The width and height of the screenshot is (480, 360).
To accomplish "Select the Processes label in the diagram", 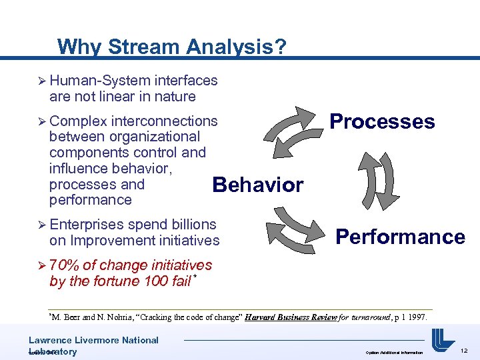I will [382, 121].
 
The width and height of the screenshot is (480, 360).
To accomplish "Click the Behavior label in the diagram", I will [257, 185].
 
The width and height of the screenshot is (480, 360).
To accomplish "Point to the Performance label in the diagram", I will [400, 237].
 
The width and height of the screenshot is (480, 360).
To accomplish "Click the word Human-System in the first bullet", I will [99, 81].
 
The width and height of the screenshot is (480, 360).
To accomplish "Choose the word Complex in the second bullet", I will [78, 121].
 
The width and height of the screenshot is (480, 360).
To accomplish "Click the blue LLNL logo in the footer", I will [443, 341].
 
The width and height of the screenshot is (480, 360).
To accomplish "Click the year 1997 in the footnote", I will [415, 317].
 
